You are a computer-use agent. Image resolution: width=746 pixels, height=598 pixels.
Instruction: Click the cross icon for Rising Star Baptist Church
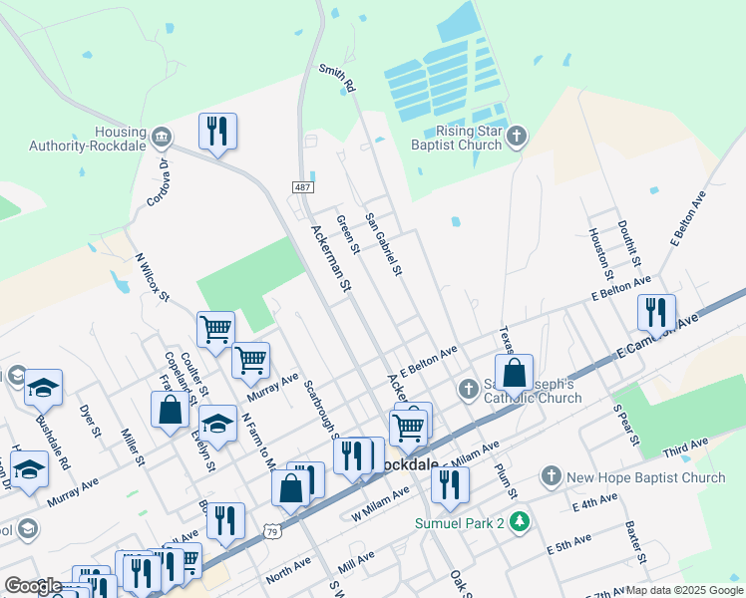[x=516, y=136]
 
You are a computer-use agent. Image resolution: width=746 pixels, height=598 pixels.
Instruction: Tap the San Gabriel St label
[x=383, y=244]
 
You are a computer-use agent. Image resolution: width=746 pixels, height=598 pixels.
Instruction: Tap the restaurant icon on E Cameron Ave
[x=656, y=312]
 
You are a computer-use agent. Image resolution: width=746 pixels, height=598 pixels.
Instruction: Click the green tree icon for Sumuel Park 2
[x=518, y=522]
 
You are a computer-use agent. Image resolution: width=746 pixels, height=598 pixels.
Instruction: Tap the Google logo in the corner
[x=33, y=585]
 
